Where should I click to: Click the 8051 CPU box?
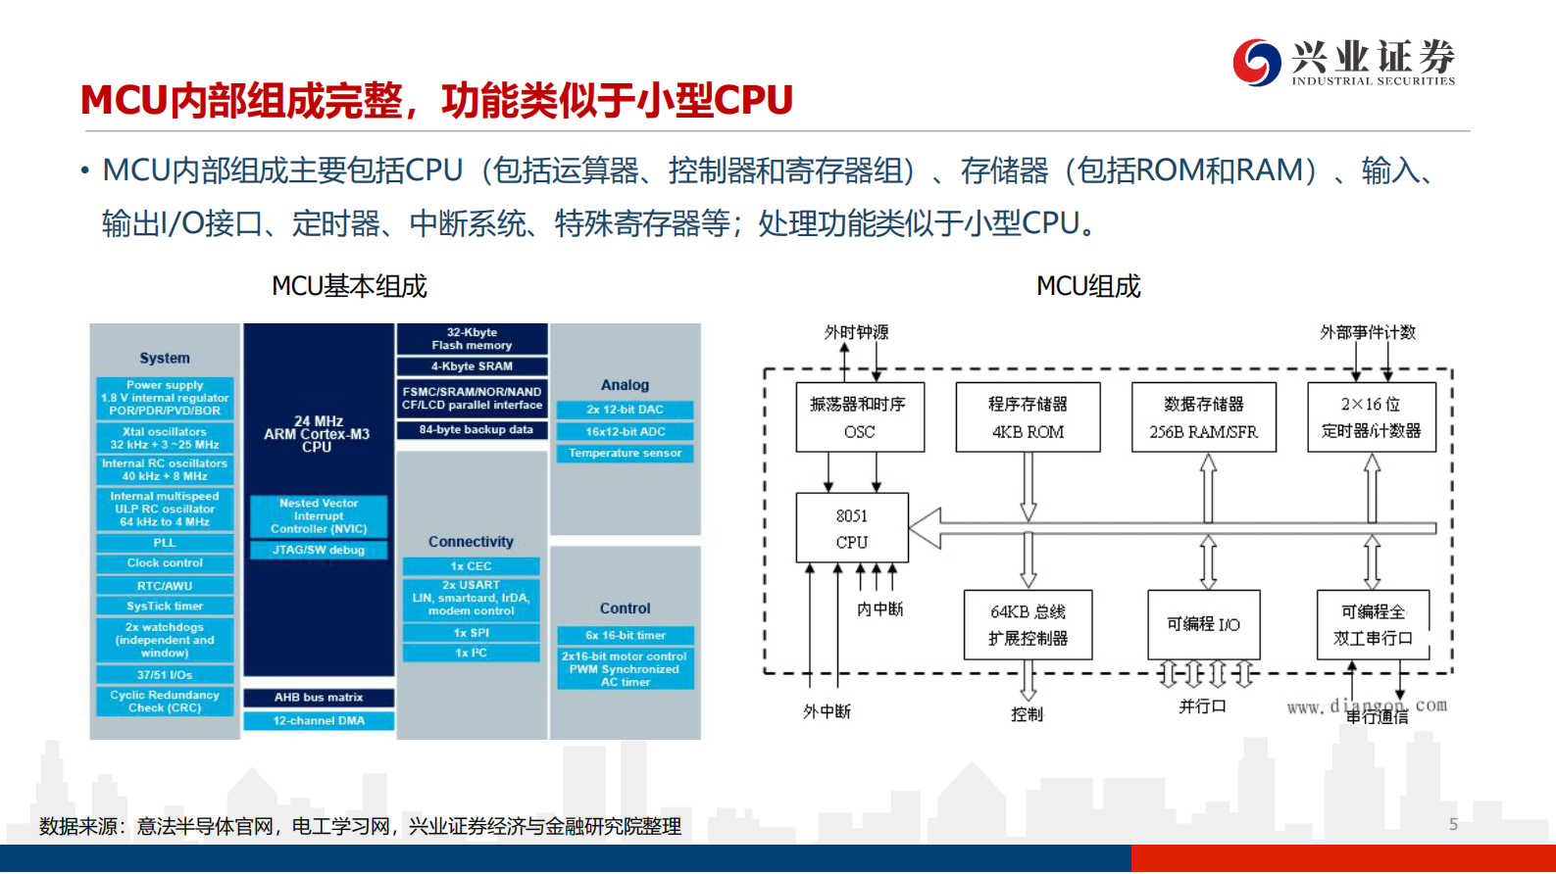(851, 528)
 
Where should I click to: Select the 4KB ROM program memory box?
(1028, 417)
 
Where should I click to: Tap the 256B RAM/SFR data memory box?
(1203, 417)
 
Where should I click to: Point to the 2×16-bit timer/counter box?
(1371, 417)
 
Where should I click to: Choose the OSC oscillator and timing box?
(859, 417)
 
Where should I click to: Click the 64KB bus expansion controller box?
(1028, 624)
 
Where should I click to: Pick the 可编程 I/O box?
(1203, 624)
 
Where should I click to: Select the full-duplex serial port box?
(1372, 624)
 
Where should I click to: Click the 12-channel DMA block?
(319, 720)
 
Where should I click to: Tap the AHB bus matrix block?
(319, 698)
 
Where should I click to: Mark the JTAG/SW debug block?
(319, 550)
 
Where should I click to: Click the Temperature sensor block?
(625, 453)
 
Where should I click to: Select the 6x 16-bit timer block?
(625, 635)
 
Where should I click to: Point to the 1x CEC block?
(471, 566)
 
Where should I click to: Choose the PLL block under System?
(165, 543)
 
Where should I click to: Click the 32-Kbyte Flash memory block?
(472, 339)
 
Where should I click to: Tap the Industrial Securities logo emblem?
(1256, 62)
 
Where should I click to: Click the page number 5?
(1453, 825)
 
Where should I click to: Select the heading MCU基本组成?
(349, 286)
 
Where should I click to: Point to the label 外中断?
(827, 711)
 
